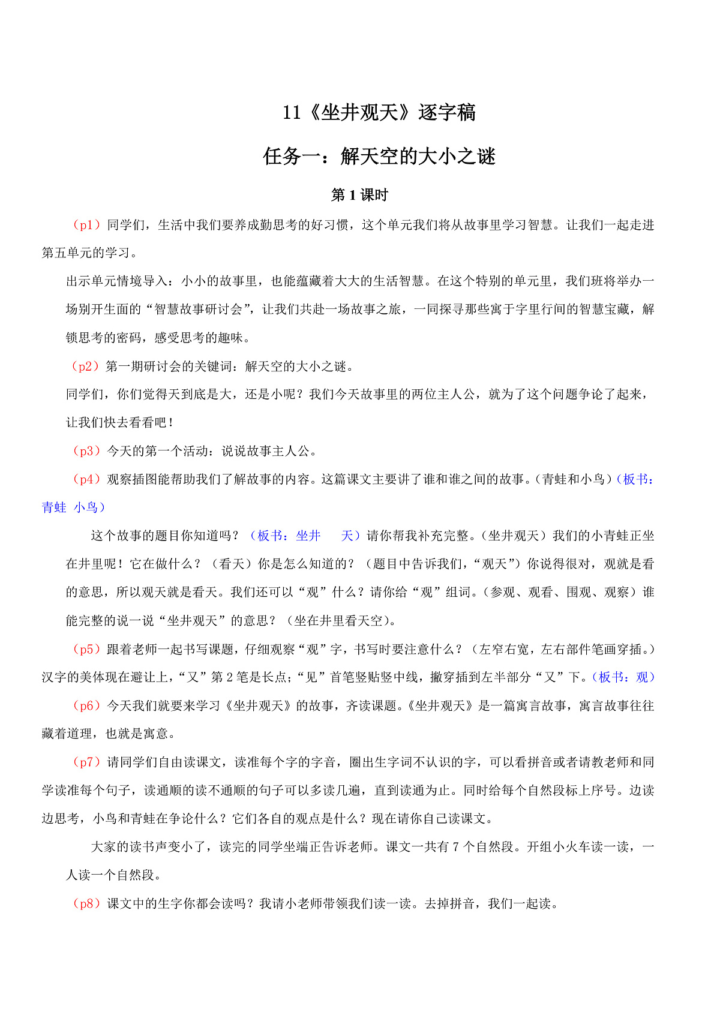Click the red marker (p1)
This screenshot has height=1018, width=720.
click(86, 225)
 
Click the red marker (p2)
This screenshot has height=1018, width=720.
click(85, 366)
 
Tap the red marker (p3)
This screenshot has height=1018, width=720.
click(86, 451)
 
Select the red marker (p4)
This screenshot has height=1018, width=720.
click(86, 479)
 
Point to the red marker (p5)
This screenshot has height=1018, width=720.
click(86, 649)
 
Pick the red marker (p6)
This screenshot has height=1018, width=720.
click(86, 705)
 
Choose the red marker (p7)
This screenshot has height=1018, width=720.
click(86, 762)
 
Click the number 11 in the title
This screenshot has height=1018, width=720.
click(292, 113)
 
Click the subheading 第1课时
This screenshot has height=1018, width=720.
click(359, 195)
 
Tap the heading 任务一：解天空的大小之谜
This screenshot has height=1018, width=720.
click(379, 157)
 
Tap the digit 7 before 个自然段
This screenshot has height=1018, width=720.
click(456, 847)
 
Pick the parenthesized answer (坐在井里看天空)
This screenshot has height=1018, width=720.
click(340, 621)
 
